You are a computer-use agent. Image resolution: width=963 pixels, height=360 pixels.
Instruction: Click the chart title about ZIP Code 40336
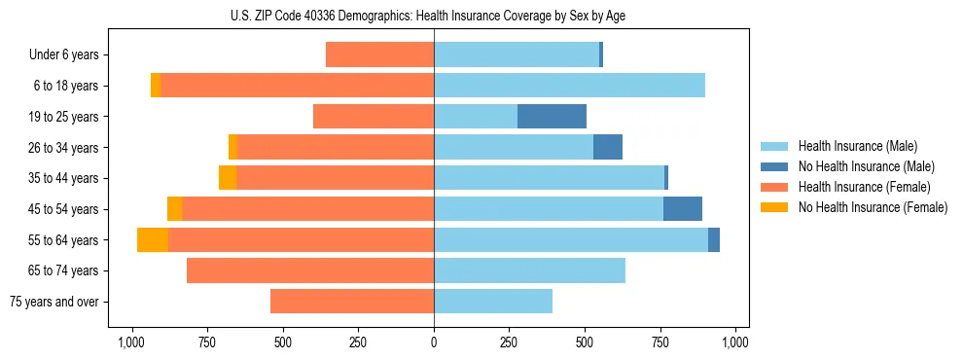(434, 16)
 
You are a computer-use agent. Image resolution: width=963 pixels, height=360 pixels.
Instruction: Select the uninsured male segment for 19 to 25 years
(552, 117)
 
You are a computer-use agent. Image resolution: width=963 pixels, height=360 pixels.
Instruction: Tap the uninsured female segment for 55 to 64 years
(153, 240)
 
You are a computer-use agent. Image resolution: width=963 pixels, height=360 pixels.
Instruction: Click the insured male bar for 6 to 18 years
(569, 86)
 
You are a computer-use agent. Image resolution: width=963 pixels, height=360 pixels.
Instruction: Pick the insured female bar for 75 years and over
(352, 302)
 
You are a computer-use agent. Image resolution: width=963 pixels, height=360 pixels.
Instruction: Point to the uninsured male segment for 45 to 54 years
(683, 209)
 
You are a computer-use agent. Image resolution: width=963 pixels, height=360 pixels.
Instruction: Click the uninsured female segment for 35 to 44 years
(228, 178)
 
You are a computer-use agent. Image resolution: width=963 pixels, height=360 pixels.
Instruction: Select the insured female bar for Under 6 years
(379, 55)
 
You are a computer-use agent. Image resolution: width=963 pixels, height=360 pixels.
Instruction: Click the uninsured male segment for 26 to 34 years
(608, 148)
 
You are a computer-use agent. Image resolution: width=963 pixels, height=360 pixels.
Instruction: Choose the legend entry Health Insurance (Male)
(857, 146)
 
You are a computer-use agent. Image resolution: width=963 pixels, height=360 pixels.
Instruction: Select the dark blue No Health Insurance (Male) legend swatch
(774, 166)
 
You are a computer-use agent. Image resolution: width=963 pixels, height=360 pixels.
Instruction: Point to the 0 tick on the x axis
(434, 342)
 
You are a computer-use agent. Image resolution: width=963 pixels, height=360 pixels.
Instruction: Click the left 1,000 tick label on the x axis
(132, 342)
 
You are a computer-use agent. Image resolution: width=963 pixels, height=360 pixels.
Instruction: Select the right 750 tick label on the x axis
(660, 342)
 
